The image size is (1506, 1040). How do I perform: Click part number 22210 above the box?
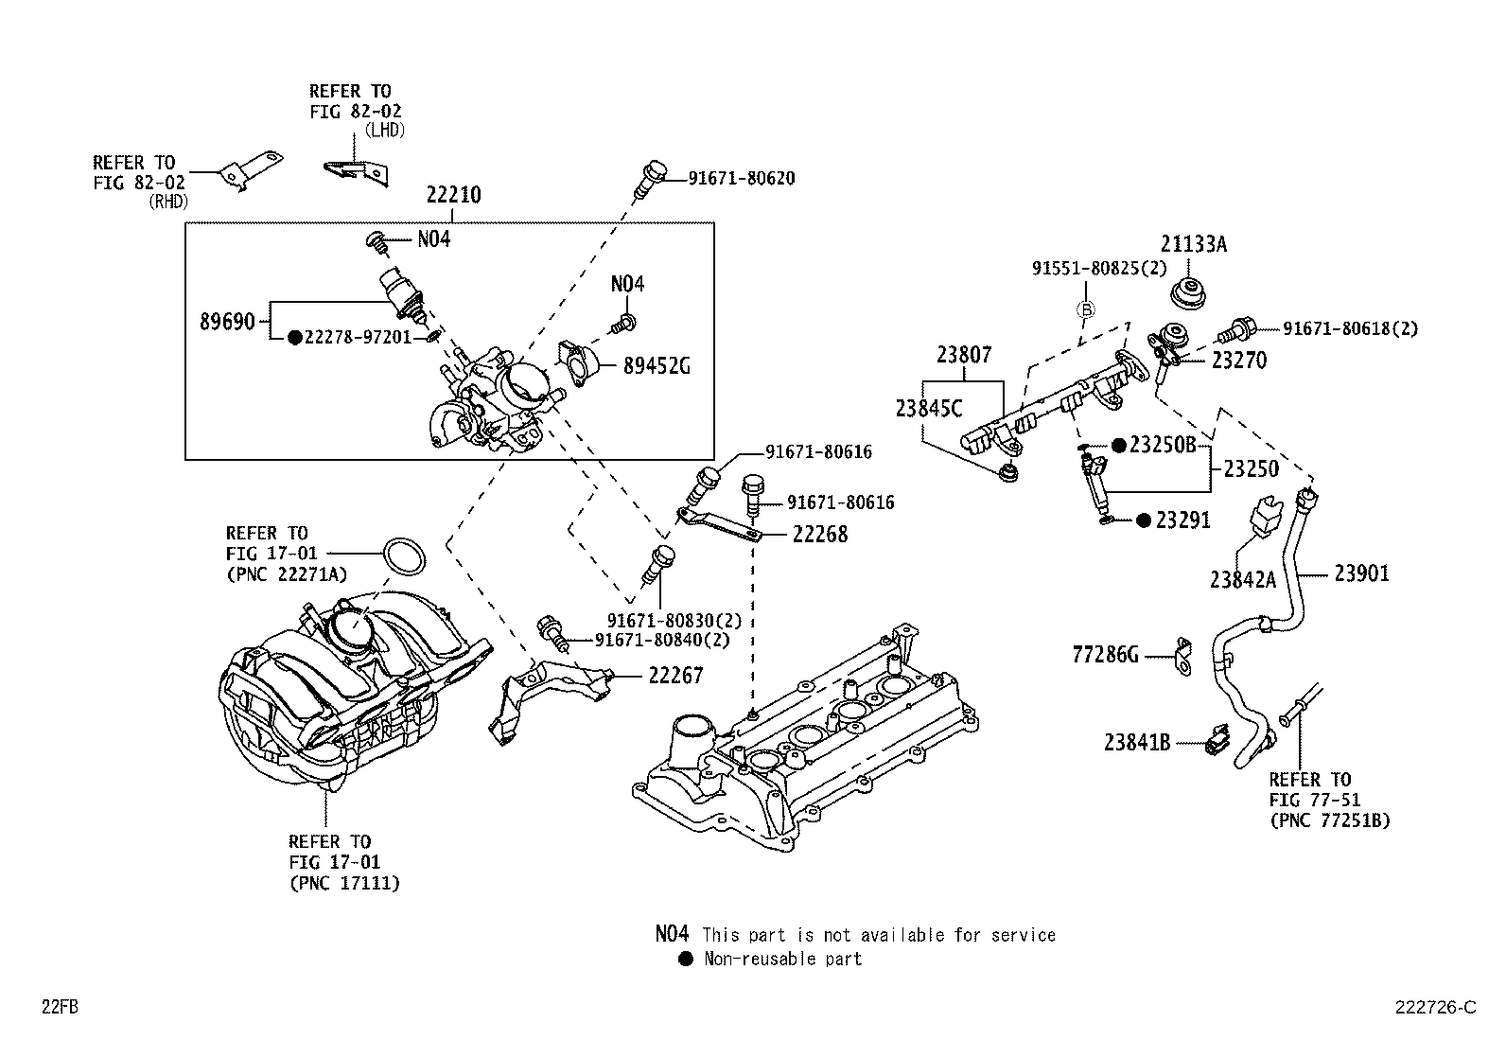[453, 196]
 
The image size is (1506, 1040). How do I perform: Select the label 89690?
[227, 322]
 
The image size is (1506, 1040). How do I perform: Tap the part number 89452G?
[656, 366]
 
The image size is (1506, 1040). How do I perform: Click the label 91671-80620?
[741, 178]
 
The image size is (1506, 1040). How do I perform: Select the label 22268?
[819, 535]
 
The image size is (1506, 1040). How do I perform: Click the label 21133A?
[1194, 244]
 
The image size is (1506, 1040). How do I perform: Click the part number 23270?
[1239, 361]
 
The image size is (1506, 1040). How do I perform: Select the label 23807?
[964, 356]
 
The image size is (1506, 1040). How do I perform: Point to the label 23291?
[1183, 520]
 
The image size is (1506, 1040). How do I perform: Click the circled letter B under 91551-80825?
[1087, 309]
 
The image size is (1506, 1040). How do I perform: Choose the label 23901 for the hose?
[1361, 573]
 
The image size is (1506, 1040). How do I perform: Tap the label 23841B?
[1137, 744]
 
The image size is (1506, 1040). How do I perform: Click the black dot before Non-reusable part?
[686, 959]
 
